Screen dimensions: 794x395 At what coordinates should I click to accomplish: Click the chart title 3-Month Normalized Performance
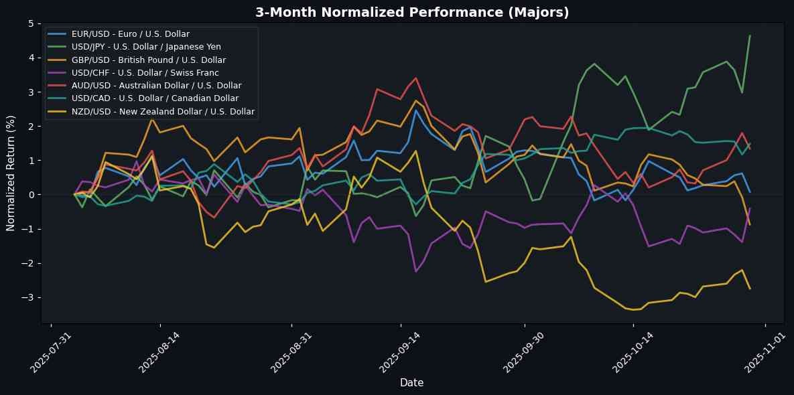tap(412, 12)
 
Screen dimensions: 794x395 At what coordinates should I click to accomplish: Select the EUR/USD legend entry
tap(130, 34)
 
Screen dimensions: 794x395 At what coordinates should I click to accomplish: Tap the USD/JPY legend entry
tap(146, 47)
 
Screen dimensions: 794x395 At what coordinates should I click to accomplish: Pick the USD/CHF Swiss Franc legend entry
tap(145, 73)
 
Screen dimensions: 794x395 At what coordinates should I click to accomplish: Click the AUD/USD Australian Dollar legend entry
tap(156, 86)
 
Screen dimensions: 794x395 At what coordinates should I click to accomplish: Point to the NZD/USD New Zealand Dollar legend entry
tap(163, 112)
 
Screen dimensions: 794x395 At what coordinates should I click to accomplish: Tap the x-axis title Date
tap(411, 383)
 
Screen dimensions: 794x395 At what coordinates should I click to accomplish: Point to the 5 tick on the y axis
tap(31, 23)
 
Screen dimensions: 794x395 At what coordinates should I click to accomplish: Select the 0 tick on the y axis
tap(31, 195)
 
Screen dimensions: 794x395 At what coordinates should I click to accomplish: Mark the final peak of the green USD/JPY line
tap(750, 35)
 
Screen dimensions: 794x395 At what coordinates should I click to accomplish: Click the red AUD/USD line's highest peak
tap(416, 78)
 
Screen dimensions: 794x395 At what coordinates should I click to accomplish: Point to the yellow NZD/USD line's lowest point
tap(634, 310)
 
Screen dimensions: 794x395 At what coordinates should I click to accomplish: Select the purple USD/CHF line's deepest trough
tap(416, 271)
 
